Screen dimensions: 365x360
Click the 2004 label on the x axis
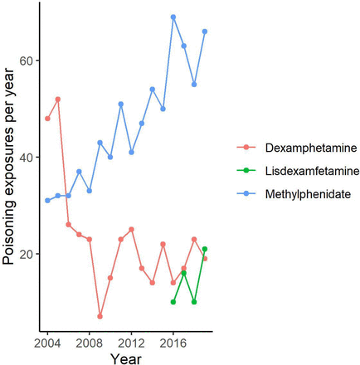point(47,342)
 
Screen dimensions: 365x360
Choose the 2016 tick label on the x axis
point(173,342)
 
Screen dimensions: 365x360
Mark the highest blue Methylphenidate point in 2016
point(173,17)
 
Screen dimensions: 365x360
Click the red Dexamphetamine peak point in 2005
point(58,100)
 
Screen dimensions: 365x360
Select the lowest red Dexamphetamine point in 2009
point(100,316)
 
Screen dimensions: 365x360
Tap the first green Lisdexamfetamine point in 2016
point(173,302)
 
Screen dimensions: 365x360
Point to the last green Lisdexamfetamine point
point(205,249)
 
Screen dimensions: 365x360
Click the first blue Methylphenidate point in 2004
point(47,201)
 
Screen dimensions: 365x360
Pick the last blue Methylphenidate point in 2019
point(205,32)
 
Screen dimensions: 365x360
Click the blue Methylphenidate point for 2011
point(121,105)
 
